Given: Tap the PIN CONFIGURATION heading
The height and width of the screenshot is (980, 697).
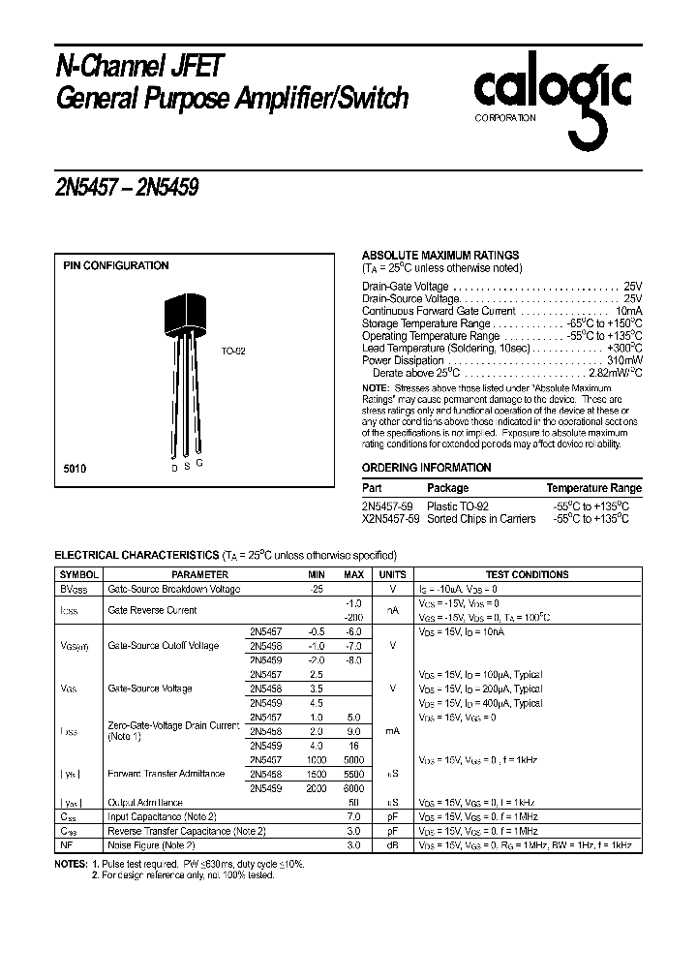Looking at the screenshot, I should (115, 265).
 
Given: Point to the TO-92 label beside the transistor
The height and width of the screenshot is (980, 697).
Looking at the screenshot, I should (233, 352).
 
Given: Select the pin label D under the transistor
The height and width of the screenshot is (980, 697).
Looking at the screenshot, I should (174, 468).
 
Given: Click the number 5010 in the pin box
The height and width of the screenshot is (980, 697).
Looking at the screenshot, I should (75, 468).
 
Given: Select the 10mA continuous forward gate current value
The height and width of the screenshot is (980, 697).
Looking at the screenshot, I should (624, 311).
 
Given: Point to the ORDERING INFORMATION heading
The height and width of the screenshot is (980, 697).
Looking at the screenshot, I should (426, 468).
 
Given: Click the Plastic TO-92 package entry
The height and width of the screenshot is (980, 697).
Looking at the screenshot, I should (458, 506).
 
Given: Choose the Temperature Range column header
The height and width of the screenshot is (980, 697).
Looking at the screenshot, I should (593, 489).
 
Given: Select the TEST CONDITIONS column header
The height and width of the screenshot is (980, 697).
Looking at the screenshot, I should (527, 575).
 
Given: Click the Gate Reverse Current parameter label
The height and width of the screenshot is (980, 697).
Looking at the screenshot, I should (152, 610).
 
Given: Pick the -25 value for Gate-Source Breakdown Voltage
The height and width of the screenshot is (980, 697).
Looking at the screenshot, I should (315, 589).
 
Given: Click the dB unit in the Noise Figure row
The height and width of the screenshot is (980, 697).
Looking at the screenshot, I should (392, 845).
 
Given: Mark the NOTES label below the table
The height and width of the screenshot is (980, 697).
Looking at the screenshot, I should (72, 862).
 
